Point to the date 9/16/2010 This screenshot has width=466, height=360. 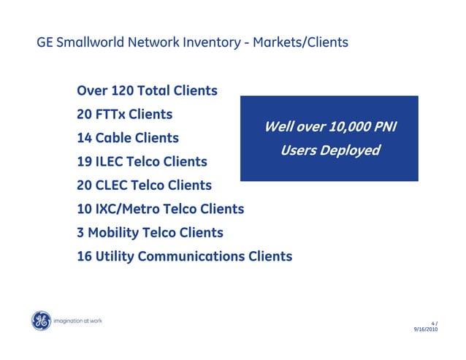(427, 330)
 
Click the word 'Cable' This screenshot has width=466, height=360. (116, 138)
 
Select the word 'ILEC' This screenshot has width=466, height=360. (114, 161)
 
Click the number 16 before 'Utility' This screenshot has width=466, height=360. (85, 257)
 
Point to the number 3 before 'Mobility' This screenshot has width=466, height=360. (80, 233)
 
